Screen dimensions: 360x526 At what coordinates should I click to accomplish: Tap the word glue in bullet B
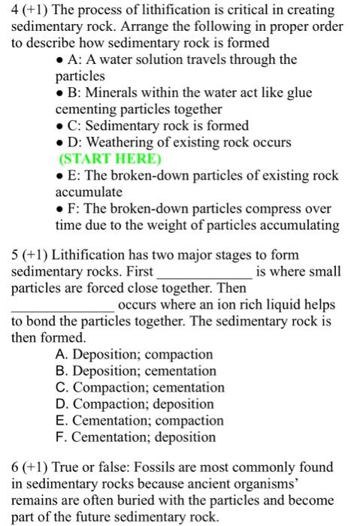tap(298, 92)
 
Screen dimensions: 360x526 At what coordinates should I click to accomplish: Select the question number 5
tap(15, 255)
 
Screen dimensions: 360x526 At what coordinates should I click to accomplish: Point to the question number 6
tap(15, 467)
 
